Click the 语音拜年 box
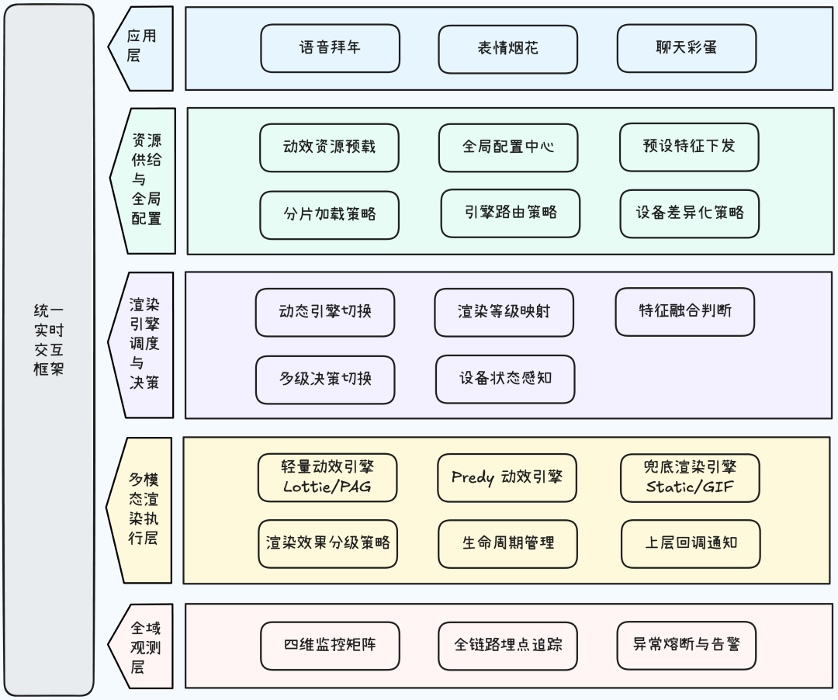tap(330, 48)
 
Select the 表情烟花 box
tap(508, 49)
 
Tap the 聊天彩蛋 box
tap(687, 48)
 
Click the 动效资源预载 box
tap(330, 147)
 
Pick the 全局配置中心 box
tap(508, 147)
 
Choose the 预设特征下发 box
tap(689, 147)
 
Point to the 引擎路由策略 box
tap(511, 213)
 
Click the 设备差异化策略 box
tap(690, 213)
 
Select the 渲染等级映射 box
tap(504, 312)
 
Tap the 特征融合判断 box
tap(685, 311)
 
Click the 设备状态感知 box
tap(505, 379)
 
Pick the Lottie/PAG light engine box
tap(327, 477)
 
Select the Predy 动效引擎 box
tap(507, 477)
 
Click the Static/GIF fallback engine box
tap(691, 477)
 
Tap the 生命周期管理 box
tap(508, 543)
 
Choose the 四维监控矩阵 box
tap(331, 645)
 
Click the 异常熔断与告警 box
tap(687, 644)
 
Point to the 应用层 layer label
tap(140, 47)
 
